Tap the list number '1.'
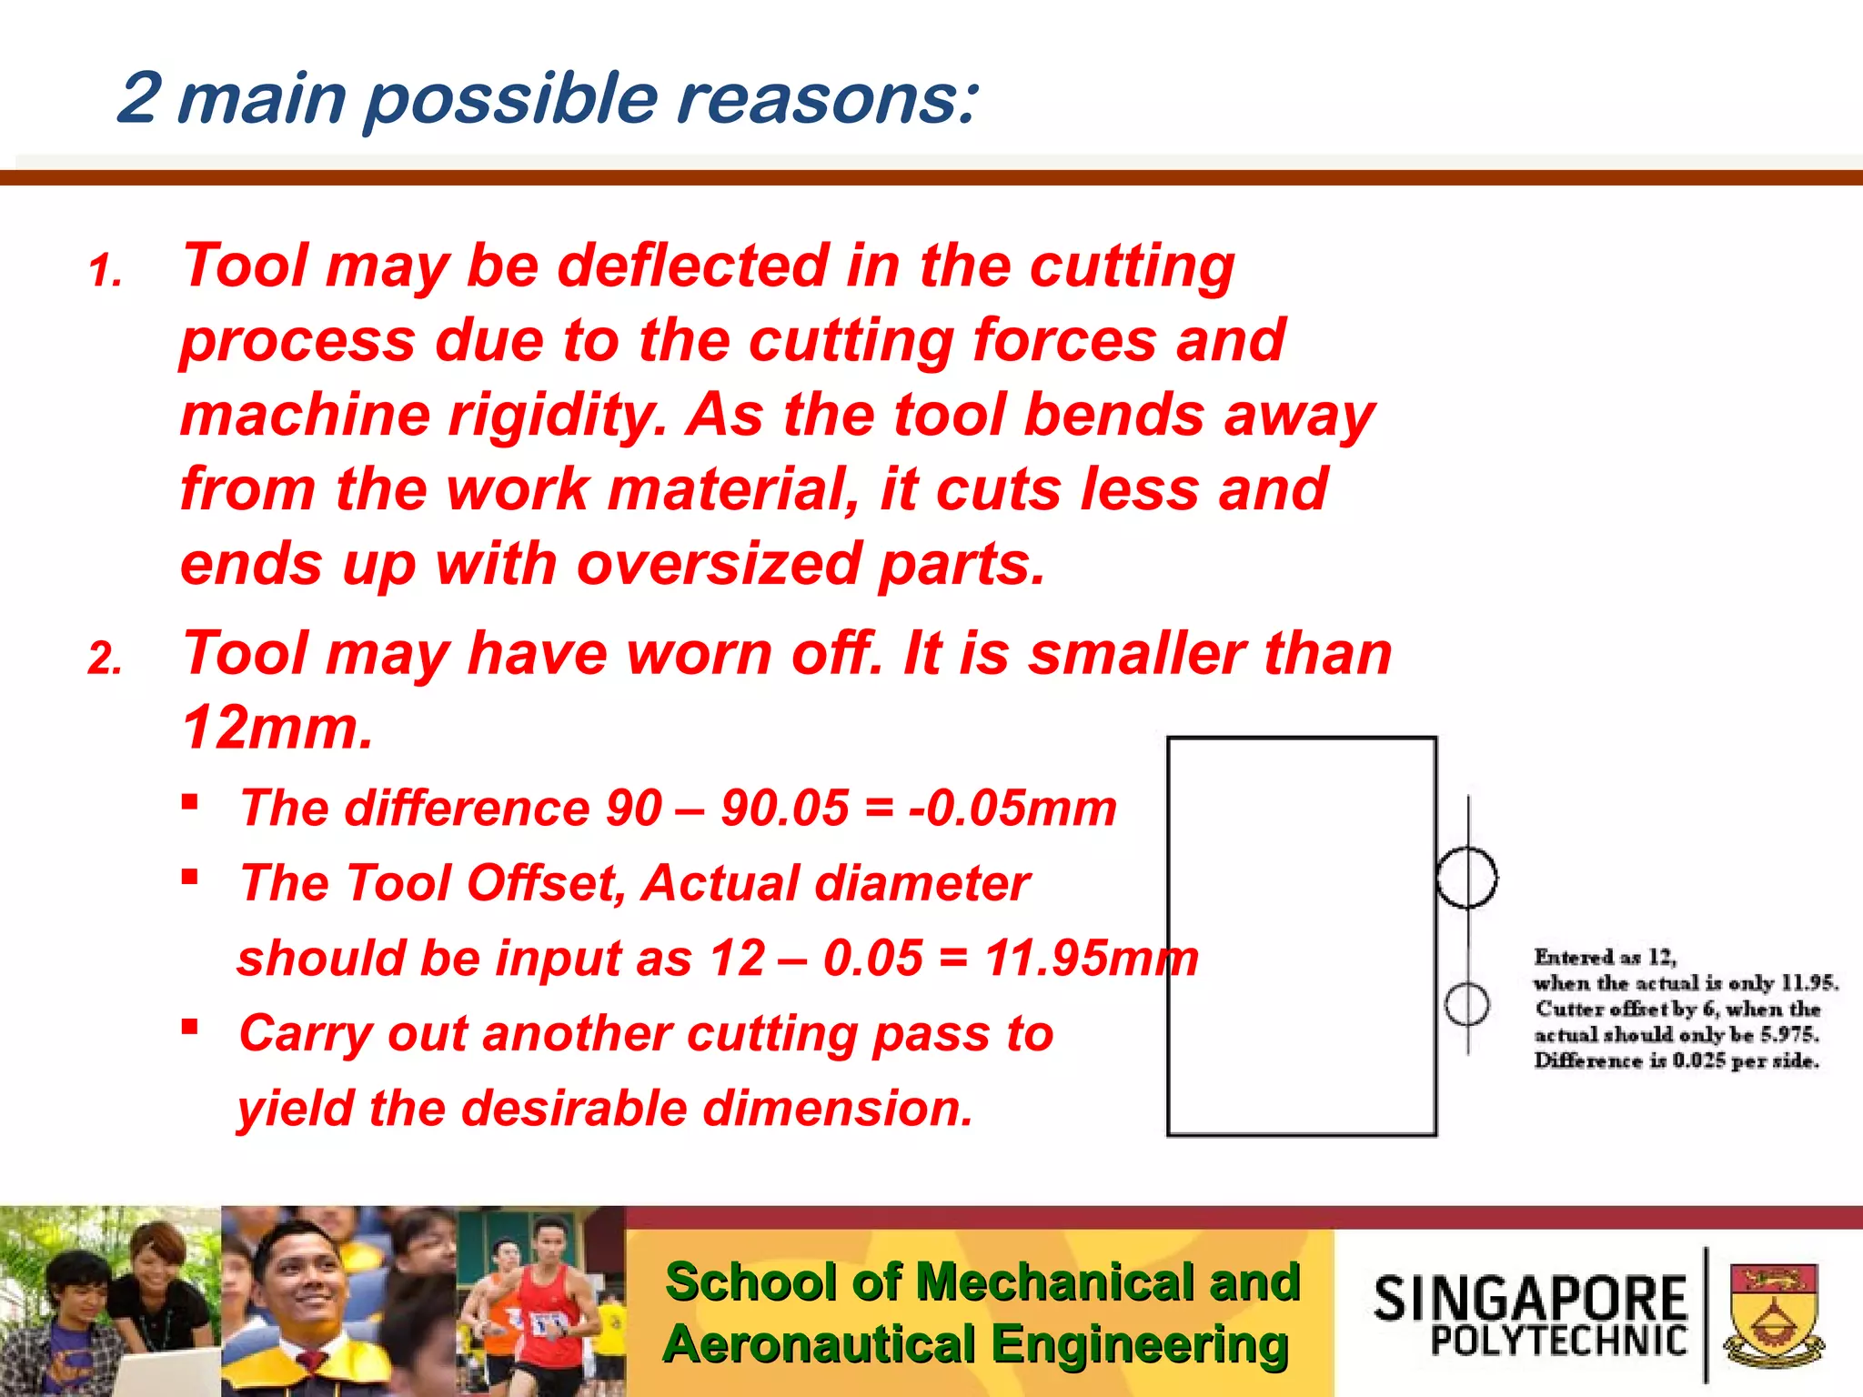click(106, 271)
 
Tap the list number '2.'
click(106, 658)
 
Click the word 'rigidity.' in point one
click(557, 415)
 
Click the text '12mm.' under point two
click(277, 728)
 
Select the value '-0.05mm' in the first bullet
click(1012, 808)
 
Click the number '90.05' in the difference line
click(784, 808)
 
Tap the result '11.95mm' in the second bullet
click(1092, 959)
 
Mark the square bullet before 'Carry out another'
click(189, 1028)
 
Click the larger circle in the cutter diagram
click(1466, 878)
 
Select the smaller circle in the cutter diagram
click(1466, 1005)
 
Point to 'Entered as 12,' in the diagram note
click(1605, 957)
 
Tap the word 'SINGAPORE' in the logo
click(1530, 1298)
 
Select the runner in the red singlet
click(549, 1310)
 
